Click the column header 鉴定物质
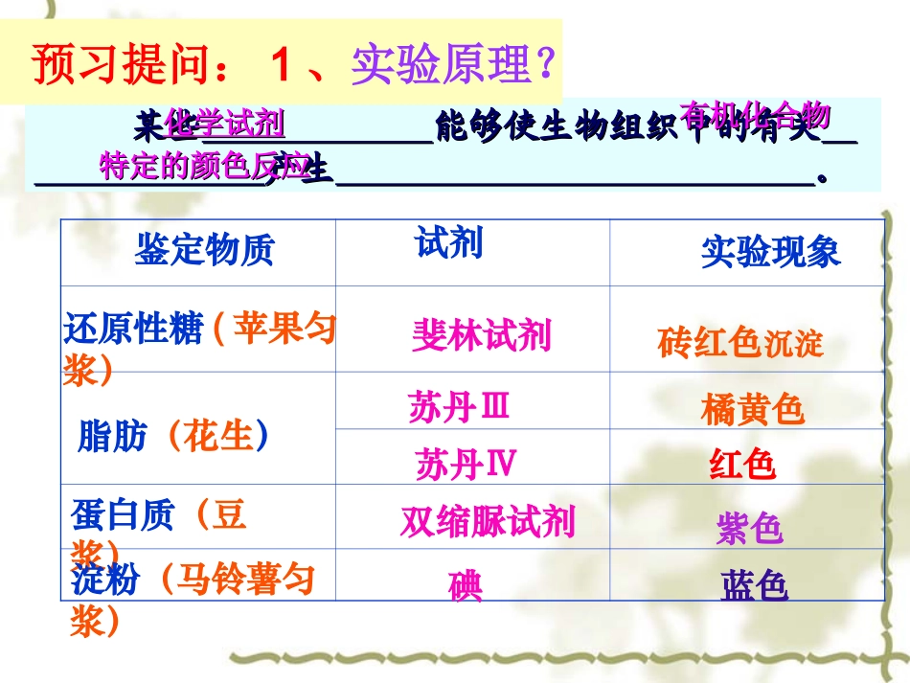tap(204, 250)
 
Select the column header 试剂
tap(449, 243)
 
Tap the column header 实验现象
tap(770, 252)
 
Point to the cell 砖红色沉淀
tap(739, 342)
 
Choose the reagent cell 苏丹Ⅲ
tap(459, 407)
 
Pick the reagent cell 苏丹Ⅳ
tap(466, 465)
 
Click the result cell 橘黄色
tap(752, 410)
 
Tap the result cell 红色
tap(741, 466)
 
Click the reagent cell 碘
tap(466, 585)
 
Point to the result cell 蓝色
tap(754, 585)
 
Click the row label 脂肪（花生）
tap(173, 437)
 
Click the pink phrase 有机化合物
tap(754, 115)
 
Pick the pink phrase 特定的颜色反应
tap(204, 167)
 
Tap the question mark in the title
tap(543, 65)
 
